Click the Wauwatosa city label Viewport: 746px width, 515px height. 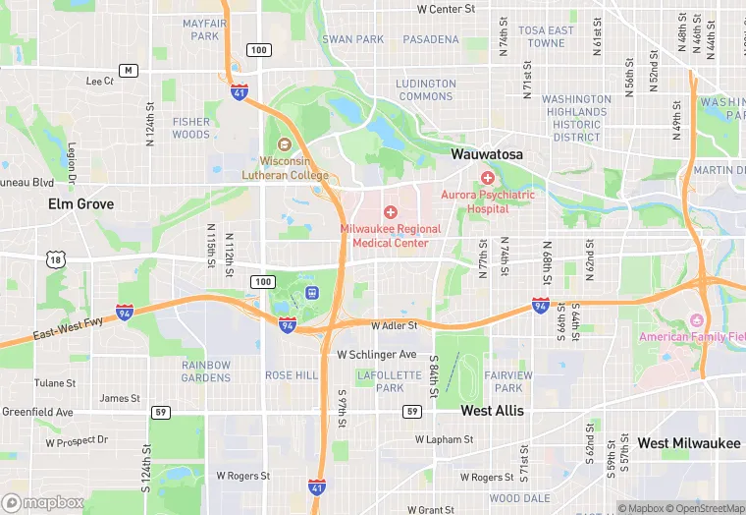pos(487,154)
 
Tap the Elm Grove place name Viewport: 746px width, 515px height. pos(80,203)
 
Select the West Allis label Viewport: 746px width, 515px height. pos(492,410)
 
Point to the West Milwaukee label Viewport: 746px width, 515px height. pos(688,443)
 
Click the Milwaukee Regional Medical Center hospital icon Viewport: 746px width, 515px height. pos(390,211)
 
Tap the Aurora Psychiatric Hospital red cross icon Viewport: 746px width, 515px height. pos(488,177)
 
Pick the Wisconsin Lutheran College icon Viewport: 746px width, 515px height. pos(285,143)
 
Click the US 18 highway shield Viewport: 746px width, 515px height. pos(55,258)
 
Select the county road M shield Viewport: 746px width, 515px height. pos(128,70)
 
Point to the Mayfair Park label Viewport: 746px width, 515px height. pos(204,29)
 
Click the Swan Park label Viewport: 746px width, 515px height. pos(353,39)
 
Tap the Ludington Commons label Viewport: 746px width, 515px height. pos(425,89)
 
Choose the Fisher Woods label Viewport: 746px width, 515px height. pos(191,128)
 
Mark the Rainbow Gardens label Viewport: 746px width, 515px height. pos(206,371)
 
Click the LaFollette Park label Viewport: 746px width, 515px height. pos(381,381)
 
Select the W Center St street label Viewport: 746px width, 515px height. pos(446,9)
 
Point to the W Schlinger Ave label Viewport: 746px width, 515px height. pos(377,354)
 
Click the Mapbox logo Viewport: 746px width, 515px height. pos(43,501)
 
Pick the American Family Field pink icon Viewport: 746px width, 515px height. pos(697,320)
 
